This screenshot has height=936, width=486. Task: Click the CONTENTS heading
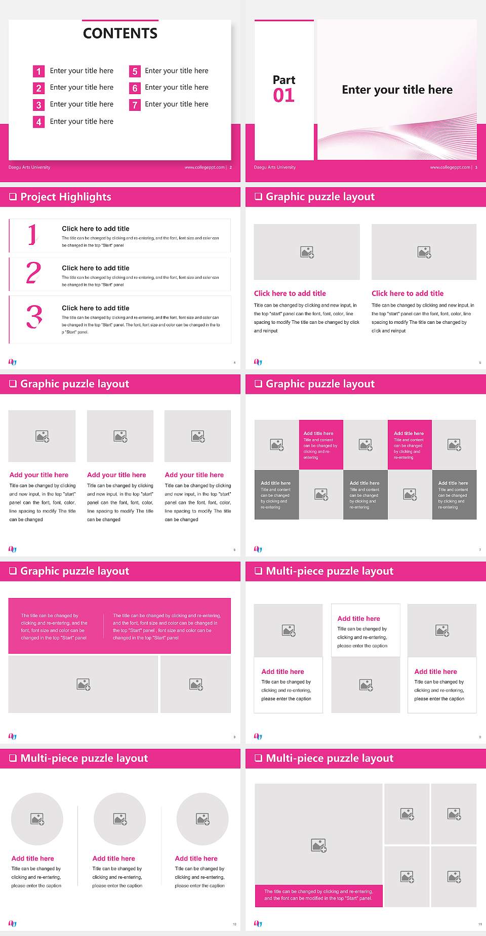pos(120,33)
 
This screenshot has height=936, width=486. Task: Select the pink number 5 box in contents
pos(135,71)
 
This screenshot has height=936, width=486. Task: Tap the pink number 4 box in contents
pos(38,122)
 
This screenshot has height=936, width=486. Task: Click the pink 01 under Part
pos(283,95)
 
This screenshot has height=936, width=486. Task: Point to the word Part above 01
pos(284,80)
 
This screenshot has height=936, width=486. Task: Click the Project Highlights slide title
pos(66,197)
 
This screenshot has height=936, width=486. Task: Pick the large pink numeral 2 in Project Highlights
pos(33,273)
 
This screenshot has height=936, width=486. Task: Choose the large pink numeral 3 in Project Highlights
pos(34,317)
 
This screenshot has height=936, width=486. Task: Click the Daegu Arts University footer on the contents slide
pos(29,167)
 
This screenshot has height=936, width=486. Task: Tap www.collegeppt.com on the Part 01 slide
pos(450,167)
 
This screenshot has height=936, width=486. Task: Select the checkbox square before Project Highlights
pos(13,197)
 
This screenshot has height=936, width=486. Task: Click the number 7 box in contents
pos(135,105)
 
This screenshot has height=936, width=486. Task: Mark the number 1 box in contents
pos(38,71)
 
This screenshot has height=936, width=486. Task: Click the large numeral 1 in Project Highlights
pos(32,235)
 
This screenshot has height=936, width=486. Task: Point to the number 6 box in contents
pos(135,88)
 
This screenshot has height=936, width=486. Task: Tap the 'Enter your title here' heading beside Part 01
pos(397,90)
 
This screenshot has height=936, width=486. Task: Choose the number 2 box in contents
pos(38,88)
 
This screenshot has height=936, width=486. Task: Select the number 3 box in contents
pos(38,105)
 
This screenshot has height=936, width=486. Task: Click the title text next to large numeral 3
pos(96,308)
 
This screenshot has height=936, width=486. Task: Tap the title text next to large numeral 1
pos(96,229)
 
